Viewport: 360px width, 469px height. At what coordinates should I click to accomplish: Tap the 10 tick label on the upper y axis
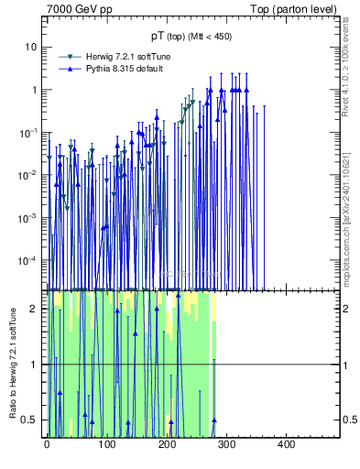click(x=31, y=47)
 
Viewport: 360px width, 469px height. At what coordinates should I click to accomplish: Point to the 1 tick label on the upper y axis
click(x=34, y=90)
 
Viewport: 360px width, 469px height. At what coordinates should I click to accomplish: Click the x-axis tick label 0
click(x=47, y=445)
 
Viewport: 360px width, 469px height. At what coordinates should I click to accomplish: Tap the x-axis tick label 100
click(x=106, y=445)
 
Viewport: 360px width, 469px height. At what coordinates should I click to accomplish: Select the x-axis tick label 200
click(x=166, y=445)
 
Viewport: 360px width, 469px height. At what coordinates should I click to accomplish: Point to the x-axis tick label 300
click(x=226, y=445)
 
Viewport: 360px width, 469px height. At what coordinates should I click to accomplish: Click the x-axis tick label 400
click(x=286, y=445)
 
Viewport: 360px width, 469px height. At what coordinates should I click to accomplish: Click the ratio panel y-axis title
click(x=11, y=364)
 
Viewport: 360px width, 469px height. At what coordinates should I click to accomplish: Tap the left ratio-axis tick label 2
click(x=34, y=309)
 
